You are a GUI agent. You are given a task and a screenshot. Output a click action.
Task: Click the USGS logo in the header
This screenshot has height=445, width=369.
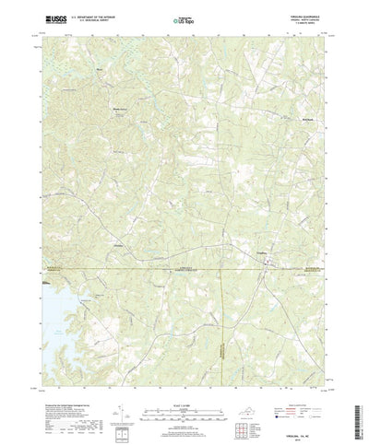click(47, 18)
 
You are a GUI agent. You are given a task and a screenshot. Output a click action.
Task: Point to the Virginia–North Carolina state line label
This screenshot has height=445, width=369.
click(184, 267)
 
